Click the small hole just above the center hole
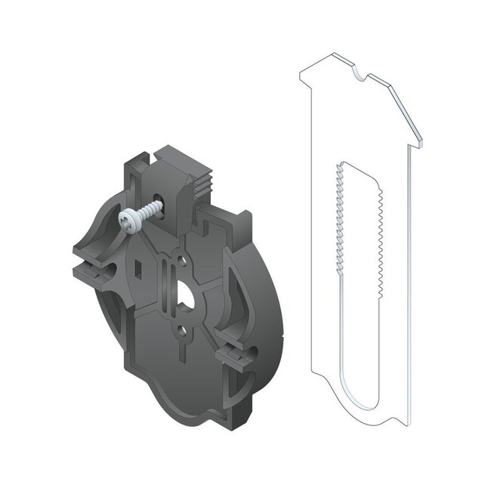(181, 262)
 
